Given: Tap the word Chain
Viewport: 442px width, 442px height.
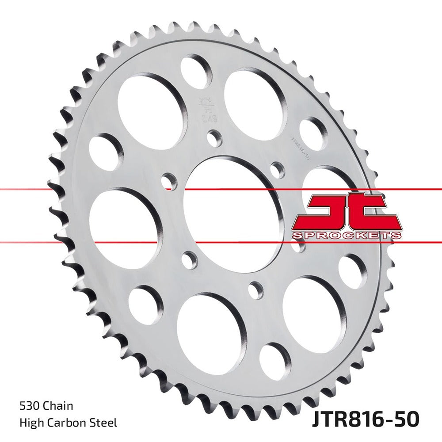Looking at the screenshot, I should tap(58, 405).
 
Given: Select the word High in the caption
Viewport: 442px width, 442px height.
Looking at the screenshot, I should tap(30, 423).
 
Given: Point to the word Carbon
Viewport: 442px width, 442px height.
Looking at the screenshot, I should tap(69, 423).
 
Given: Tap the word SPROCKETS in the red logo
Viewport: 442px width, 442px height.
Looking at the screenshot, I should tap(347, 235).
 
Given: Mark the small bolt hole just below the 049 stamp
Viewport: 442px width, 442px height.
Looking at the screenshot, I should tap(215, 138).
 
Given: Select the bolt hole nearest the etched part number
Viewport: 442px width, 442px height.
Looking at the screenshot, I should tap(278, 169).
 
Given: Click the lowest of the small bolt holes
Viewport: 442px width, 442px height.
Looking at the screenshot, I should tap(255, 290).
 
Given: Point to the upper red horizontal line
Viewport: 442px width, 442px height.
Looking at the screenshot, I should tap(88, 190).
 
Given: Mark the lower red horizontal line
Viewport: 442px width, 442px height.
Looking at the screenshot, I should tap(88, 242).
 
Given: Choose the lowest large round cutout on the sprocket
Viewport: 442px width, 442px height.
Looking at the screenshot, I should tap(211, 327).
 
